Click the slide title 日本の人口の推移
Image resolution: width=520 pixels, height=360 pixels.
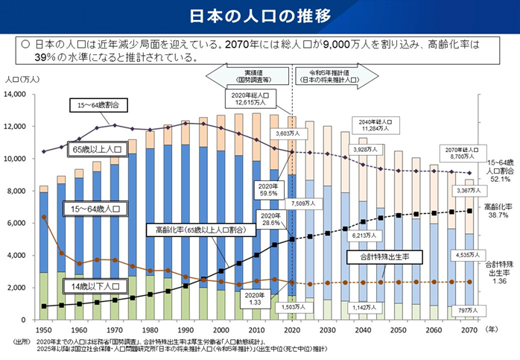(x=260, y=16)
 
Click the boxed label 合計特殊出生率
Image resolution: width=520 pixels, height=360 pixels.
(x=376, y=256)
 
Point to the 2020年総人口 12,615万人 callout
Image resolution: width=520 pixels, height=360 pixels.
(x=249, y=98)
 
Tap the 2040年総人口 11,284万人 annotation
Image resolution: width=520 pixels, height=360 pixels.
(x=372, y=124)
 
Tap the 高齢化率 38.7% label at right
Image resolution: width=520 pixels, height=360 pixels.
(x=501, y=210)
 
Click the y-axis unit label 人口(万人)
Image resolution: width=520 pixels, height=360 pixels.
(x=19, y=79)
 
